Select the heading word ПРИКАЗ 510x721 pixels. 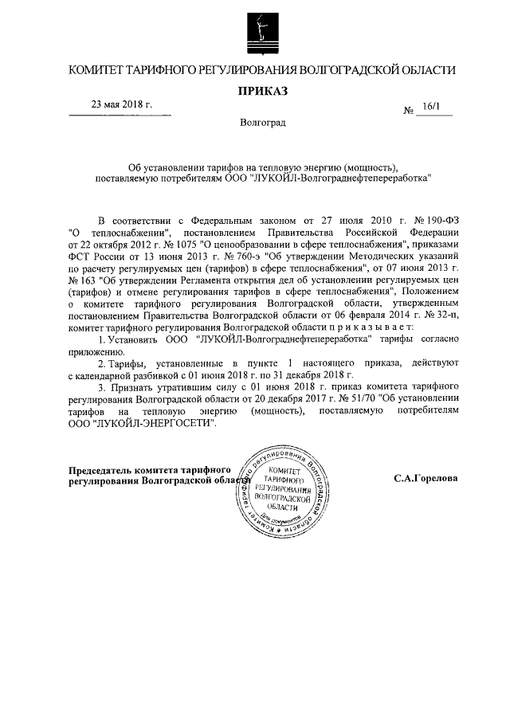coord(262,92)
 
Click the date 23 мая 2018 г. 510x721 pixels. coord(121,105)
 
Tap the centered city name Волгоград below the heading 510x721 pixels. coord(262,123)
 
